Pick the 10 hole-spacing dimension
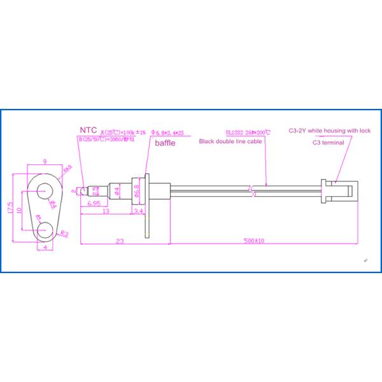tap(20, 209)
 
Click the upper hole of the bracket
tap(45, 189)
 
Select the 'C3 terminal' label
tap(329, 143)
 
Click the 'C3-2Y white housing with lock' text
tap(329, 131)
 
